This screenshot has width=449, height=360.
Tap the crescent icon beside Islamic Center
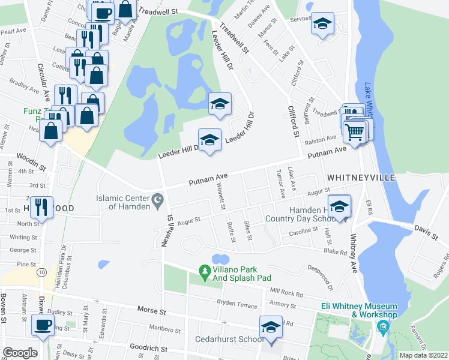coord(158,199)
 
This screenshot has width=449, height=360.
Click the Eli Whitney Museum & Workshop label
coord(358,310)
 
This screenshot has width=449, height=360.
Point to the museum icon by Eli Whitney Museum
coord(382,327)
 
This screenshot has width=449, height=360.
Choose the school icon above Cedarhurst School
coord(271,328)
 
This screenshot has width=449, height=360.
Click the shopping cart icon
coord(355,130)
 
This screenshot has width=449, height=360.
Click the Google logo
coord(20,353)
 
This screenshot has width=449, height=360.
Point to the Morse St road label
coord(151,312)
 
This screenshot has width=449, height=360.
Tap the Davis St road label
coord(426,233)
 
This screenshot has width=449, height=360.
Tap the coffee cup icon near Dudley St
coord(42,325)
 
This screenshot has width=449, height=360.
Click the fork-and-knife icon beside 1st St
coord(41,207)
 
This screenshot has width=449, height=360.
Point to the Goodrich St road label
coord(146,347)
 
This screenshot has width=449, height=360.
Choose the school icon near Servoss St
coord(323,25)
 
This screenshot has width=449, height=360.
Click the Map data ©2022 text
coord(423,355)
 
